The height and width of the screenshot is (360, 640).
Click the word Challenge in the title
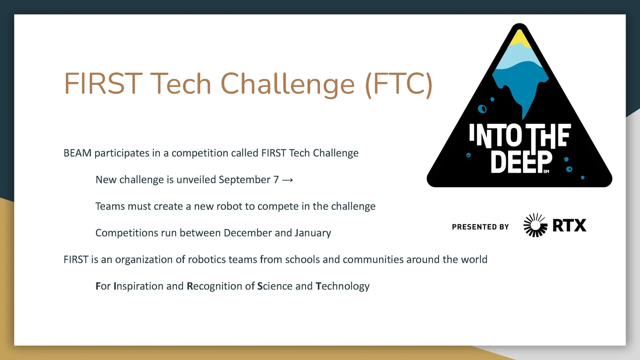click(x=287, y=84)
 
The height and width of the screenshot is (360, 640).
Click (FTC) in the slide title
click(x=399, y=84)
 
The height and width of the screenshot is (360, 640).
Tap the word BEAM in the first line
click(x=77, y=153)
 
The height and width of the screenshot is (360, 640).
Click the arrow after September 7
click(x=288, y=180)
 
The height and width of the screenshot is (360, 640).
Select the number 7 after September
click(x=276, y=180)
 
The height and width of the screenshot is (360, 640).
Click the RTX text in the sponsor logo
click(x=569, y=225)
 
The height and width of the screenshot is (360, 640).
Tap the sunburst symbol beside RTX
click(x=535, y=225)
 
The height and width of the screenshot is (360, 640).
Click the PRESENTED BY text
click(x=480, y=227)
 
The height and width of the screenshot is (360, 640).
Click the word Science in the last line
click(x=275, y=286)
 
